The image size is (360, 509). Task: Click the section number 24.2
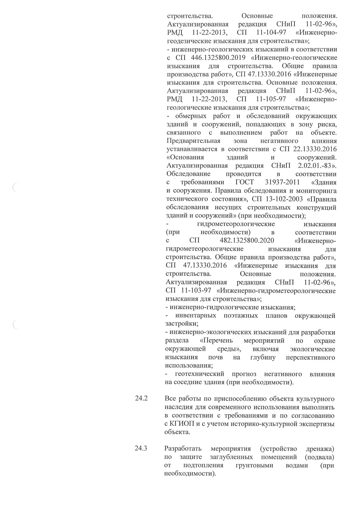pos(141,398)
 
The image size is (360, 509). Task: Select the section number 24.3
pos(141,448)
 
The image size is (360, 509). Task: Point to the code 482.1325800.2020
pos(247,241)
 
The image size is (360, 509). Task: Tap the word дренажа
pos(320,449)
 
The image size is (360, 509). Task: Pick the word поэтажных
pos(241,316)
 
